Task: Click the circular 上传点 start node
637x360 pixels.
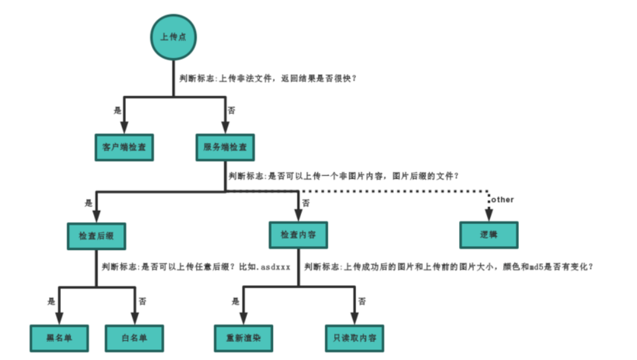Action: pos(174,37)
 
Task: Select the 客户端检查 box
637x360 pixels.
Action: pos(124,148)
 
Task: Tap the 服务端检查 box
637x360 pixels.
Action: pos(225,148)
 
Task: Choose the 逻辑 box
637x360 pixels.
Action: pos(489,236)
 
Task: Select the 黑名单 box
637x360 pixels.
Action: pos(59,338)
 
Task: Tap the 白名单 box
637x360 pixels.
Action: pos(134,338)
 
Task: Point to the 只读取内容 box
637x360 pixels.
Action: pos(354,338)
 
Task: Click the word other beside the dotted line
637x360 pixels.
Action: pos(502,200)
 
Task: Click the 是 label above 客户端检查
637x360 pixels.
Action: pos(117,111)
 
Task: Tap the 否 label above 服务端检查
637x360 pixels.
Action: pos(231,111)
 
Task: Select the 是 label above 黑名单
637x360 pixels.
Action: pos(51,301)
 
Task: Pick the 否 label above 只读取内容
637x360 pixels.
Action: pos(361,301)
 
